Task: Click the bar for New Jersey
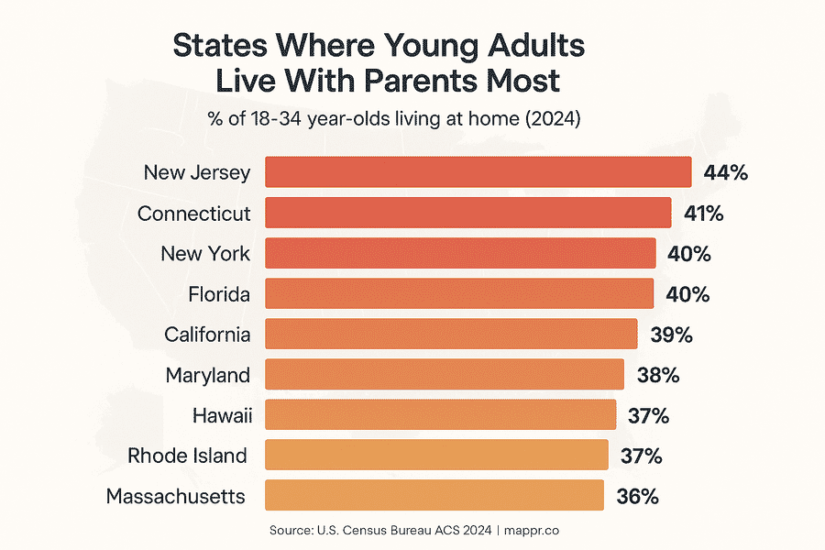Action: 478,172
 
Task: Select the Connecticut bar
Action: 467,213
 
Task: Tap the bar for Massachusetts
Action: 434,496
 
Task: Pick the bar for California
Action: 451,334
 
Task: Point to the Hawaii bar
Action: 440,414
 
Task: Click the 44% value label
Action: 726,172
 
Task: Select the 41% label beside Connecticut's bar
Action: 704,213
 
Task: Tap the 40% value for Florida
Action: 688,294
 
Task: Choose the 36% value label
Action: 637,496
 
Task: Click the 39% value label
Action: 671,335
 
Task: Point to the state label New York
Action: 205,253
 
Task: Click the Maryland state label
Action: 208,375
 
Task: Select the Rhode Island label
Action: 187,456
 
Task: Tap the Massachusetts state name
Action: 176,496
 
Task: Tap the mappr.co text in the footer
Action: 542,530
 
